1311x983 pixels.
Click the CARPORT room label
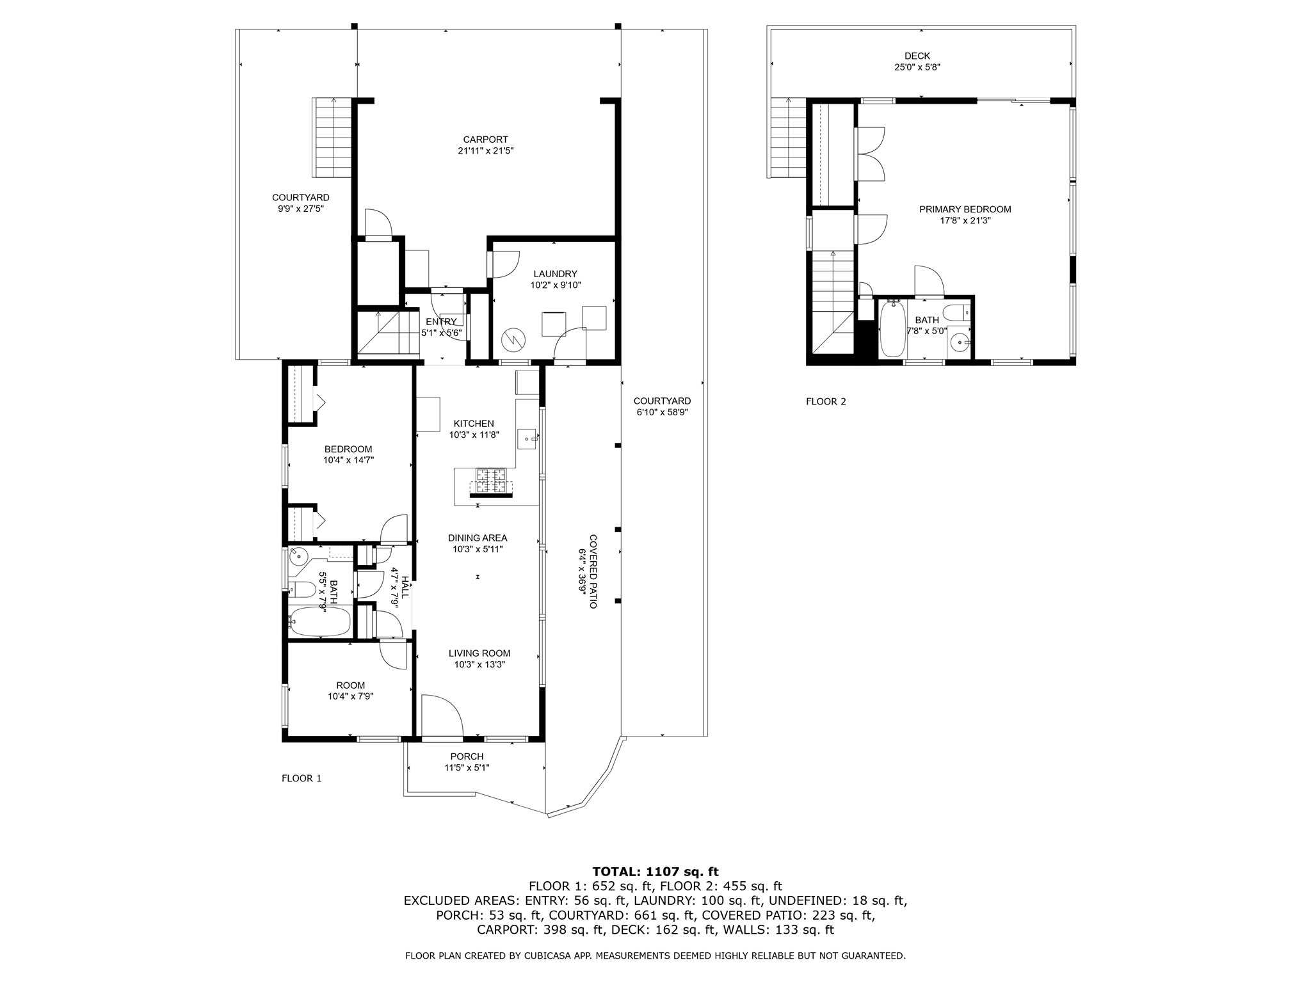485,140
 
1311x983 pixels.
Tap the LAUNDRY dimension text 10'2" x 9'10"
555,285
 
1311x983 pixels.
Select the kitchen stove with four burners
491,481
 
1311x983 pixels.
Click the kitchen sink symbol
527,439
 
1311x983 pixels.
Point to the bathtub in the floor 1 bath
320,621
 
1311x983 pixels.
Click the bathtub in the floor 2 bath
892,330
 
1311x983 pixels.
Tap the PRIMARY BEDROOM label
965,209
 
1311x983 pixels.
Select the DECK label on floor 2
917,56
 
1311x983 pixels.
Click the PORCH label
467,756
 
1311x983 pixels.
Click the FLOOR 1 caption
302,778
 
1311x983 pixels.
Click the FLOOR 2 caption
826,402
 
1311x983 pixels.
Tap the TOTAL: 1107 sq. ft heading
655,872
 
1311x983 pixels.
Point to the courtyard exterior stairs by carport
332,138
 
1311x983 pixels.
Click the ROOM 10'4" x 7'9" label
350,685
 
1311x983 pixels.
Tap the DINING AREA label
478,538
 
